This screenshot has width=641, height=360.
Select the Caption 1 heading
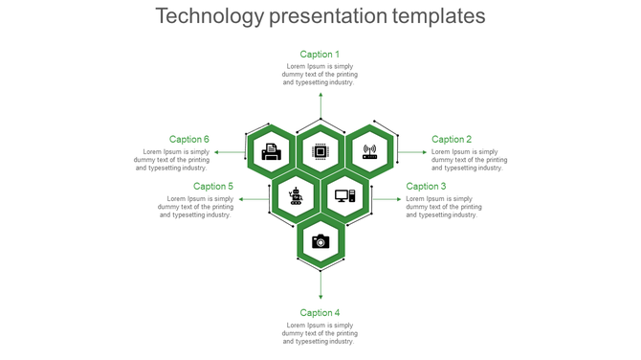tap(320, 55)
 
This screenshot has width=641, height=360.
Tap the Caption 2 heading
tap(452, 140)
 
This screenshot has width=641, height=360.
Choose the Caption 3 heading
tap(426, 187)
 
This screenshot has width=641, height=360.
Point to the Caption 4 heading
tap(320, 313)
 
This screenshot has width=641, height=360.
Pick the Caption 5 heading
tap(213, 187)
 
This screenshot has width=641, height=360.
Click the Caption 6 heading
tap(189, 140)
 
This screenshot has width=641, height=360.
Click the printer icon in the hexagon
tap(272, 151)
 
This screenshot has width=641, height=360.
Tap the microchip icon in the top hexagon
tap(320, 151)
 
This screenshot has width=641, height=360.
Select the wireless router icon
tap(369, 151)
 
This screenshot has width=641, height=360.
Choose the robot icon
tap(297, 196)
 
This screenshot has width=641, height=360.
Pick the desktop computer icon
tap(344, 196)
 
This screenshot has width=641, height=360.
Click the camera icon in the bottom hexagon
tap(320, 241)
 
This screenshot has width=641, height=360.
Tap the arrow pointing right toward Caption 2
tap(412, 151)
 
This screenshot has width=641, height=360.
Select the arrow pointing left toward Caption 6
tap(230, 151)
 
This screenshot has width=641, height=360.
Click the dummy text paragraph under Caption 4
tap(320, 333)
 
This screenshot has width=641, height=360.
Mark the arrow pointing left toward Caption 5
tap(254, 199)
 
